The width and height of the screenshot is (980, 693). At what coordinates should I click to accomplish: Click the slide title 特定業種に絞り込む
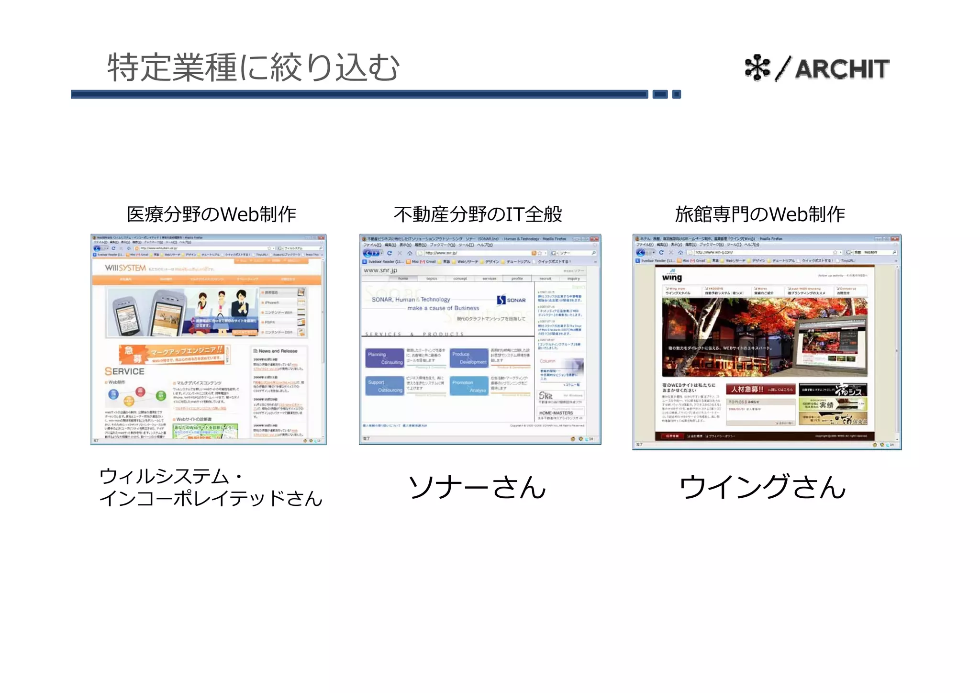pyautogui.click(x=253, y=67)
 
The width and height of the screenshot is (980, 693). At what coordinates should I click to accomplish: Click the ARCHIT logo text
pyautogui.click(x=842, y=69)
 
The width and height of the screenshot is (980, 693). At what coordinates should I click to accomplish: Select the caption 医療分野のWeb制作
pyautogui.click(x=212, y=214)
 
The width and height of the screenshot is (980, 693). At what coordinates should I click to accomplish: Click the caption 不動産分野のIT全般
pyautogui.click(x=478, y=214)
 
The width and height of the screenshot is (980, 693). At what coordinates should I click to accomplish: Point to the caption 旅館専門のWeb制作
pyautogui.click(x=760, y=214)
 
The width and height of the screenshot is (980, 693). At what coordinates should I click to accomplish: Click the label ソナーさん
pyautogui.click(x=477, y=487)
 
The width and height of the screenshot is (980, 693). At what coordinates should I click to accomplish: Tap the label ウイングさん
pyautogui.click(x=763, y=487)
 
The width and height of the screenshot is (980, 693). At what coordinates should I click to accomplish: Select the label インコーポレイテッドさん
pyautogui.click(x=211, y=499)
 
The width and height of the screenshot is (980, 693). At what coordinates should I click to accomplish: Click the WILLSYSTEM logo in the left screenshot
pyautogui.click(x=125, y=268)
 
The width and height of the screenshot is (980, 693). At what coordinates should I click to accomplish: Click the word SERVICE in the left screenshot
pyautogui.click(x=124, y=371)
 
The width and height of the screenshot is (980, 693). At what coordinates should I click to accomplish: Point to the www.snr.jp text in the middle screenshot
pyautogui.click(x=380, y=270)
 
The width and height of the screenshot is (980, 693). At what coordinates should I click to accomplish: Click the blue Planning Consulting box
pyautogui.click(x=385, y=358)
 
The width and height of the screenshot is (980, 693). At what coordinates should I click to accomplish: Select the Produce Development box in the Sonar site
pyautogui.click(x=469, y=358)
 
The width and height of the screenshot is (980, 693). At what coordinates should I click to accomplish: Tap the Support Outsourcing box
pyautogui.click(x=385, y=386)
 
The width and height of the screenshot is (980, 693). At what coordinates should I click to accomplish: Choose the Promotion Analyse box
pyautogui.click(x=469, y=386)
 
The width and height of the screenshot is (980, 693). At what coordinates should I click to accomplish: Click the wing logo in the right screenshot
pyautogui.click(x=672, y=277)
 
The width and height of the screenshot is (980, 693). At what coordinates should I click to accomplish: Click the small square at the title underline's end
pyautogui.click(x=676, y=94)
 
